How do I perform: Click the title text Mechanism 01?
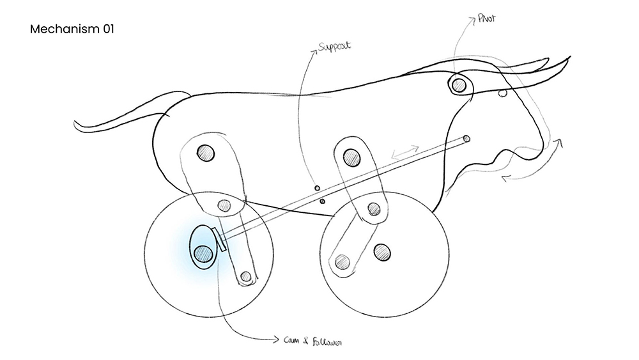72,29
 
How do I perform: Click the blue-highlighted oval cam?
204,247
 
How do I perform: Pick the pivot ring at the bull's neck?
458,84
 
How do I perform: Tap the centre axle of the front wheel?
382,252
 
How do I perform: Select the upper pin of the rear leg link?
205,152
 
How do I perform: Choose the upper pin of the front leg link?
351,155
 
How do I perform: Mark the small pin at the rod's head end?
466,138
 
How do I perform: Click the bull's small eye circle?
502,93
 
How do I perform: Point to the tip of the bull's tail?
76,123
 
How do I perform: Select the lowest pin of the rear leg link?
245,278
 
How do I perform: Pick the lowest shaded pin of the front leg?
343,261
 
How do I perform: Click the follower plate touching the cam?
221,240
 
